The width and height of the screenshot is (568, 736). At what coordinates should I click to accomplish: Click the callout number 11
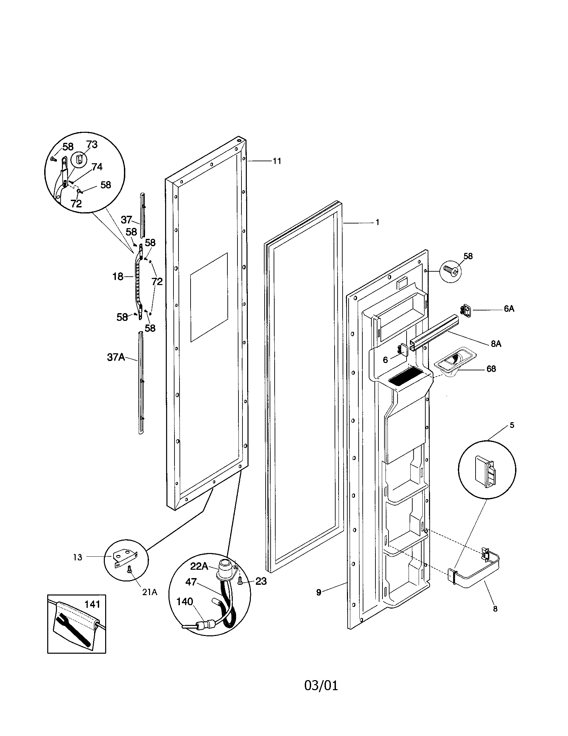tap(277, 161)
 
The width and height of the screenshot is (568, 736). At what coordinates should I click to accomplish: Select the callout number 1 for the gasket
tap(377, 222)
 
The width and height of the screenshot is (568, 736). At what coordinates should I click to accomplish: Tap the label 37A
tap(116, 357)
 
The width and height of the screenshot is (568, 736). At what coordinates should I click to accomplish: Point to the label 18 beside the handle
tap(118, 277)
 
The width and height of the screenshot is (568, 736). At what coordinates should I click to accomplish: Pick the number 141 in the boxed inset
tap(92, 604)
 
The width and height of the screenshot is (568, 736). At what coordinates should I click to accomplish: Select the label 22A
tap(199, 566)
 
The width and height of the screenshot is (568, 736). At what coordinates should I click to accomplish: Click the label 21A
tap(149, 592)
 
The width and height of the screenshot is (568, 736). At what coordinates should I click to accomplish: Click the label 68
tap(491, 369)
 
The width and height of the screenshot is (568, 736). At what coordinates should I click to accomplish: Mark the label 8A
tap(496, 344)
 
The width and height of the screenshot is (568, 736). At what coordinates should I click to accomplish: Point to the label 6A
tap(509, 309)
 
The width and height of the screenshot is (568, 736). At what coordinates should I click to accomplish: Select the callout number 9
tap(319, 592)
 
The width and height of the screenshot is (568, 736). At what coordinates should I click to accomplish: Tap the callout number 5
tap(512, 425)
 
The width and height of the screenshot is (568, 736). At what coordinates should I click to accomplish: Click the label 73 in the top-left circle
tap(91, 145)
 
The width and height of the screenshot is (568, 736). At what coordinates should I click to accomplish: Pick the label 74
tap(97, 167)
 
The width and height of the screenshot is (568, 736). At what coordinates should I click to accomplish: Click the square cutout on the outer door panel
tap(209, 297)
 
